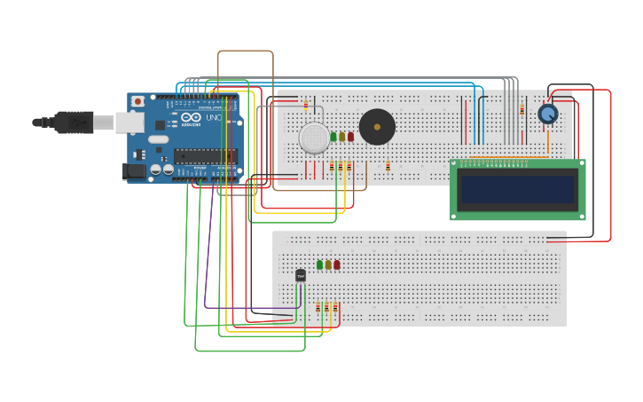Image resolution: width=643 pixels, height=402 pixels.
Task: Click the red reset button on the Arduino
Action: (x=137, y=102)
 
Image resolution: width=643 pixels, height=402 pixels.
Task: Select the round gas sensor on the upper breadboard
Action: (x=313, y=138)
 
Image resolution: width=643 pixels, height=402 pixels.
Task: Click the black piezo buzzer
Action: (x=377, y=127)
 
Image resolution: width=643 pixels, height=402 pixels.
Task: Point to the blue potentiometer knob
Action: (x=548, y=114)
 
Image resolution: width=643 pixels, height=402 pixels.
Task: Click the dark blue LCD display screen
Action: (x=517, y=189)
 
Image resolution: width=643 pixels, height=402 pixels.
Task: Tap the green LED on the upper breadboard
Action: (x=333, y=137)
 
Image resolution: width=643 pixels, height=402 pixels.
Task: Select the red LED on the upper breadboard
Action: (x=350, y=137)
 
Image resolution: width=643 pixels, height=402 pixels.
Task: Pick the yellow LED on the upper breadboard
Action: (x=342, y=137)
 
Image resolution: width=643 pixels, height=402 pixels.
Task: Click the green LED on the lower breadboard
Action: (x=319, y=264)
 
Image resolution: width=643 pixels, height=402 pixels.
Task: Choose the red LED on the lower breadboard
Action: (x=336, y=264)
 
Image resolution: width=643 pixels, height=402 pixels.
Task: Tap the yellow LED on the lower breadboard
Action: (x=328, y=264)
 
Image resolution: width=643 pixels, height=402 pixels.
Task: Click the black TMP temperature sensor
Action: (x=301, y=276)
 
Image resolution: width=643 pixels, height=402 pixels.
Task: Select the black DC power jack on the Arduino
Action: (x=133, y=171)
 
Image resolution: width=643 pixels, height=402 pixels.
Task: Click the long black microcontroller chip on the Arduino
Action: (x=205, y=155)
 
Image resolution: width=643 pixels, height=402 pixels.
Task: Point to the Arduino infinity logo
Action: (x=191, y=117)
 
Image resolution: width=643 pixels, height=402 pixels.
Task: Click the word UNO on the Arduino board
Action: (x=214, y=117)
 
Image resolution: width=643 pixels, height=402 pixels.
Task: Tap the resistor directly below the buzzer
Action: (x=388, y=166)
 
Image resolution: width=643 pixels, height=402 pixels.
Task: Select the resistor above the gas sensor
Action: (x=306, y=105)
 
